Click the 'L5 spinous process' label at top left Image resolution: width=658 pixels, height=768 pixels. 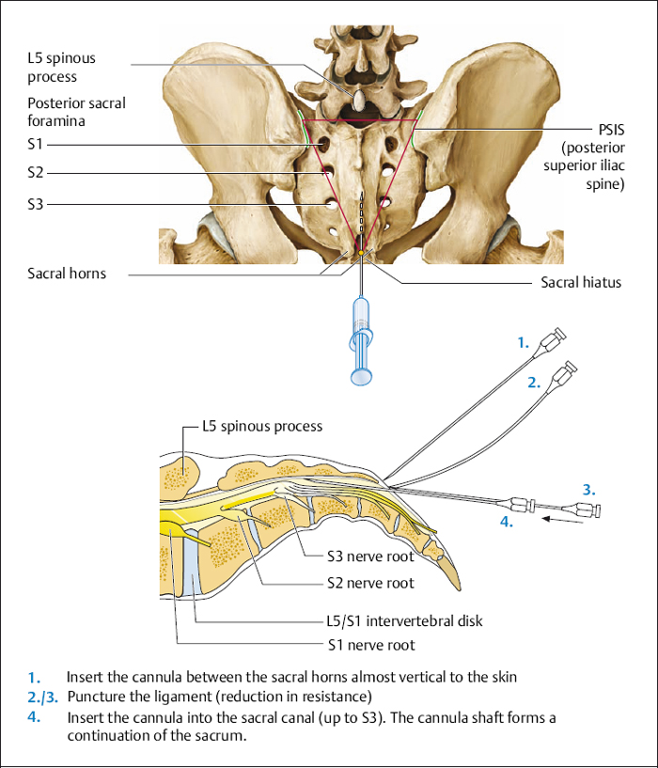click(62, 67)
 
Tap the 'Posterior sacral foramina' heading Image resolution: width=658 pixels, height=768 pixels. click(76, 112)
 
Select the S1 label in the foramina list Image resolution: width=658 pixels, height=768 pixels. click(36, 144)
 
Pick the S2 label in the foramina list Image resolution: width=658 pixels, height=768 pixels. click(36, 173)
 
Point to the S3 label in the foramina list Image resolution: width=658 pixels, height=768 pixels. click(36, 203)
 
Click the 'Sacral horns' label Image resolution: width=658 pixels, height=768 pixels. click(67, 274)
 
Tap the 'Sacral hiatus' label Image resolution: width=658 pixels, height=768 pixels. click(581, 282)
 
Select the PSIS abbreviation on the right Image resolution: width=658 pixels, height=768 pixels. click(611, 130)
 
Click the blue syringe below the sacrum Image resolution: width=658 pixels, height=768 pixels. click(362, 338)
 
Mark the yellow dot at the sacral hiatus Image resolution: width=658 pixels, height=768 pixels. click(360, 252)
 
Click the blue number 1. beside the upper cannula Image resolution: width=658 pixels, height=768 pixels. click(524, 344)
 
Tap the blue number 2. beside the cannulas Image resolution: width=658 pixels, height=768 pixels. click(533, 383)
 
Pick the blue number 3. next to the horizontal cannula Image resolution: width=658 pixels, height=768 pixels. click(588, 490)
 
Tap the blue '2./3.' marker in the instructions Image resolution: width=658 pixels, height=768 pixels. click(45, 697)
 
